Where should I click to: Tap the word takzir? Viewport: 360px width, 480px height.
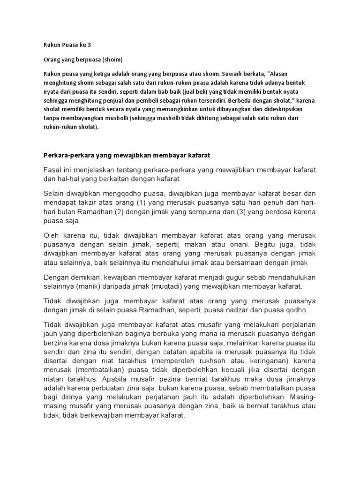[x=102, y=202]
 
